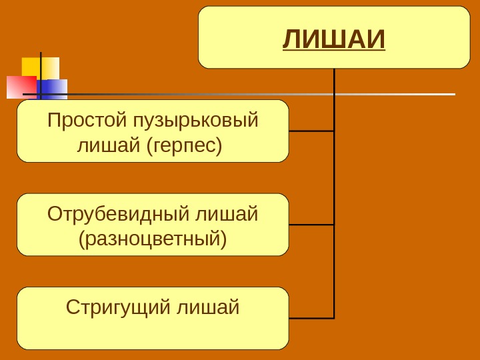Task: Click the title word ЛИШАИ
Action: tap(334, 39)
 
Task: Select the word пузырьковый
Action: tap(195, 121)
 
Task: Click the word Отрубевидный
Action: tap(119, 214)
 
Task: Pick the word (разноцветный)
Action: tap(153, 238)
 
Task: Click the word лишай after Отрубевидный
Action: tap(227, 214)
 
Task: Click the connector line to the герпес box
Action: tap(311, 131)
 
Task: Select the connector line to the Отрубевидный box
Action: tap(311, 225)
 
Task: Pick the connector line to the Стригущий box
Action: tap(311, 318)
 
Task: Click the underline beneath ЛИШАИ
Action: tap(334, 52)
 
